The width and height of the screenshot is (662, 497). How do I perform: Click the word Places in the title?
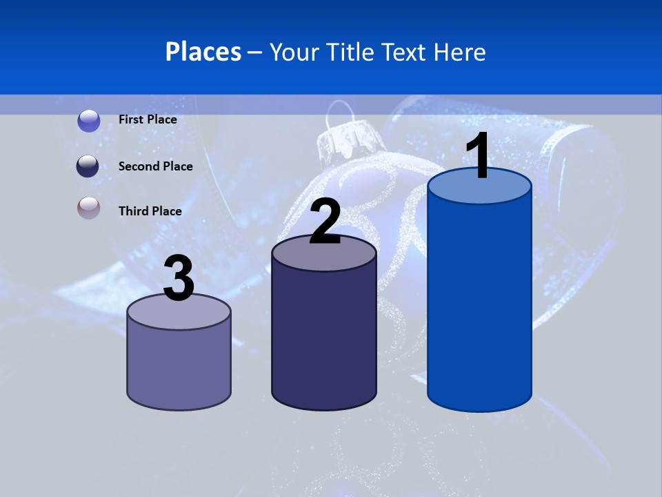[x=203, y=52]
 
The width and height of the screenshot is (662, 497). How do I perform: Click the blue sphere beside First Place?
[x=88, y=120]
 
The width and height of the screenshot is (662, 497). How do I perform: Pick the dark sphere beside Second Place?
[x=88, y=166]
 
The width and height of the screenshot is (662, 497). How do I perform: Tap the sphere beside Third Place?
[x=88, y=208]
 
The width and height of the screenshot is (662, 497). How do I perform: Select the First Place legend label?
[x=148, y=119]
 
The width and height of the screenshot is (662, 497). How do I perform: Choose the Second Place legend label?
[x=155, y=166]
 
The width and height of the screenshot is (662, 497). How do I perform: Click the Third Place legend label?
[x=150, y=211]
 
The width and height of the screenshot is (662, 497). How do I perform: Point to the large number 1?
[x=478, y=156]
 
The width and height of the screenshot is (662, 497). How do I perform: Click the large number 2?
[x=325, y=222]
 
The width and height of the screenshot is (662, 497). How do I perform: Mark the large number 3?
[x=179, y=279]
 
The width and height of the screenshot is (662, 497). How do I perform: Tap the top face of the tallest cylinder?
[x=479, y=188]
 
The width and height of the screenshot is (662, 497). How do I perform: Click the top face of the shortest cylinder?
[x=179, y=314]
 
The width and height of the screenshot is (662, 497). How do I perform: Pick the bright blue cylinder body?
[x=479, y=304]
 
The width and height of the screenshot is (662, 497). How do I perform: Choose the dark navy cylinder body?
[x=324, y=338]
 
